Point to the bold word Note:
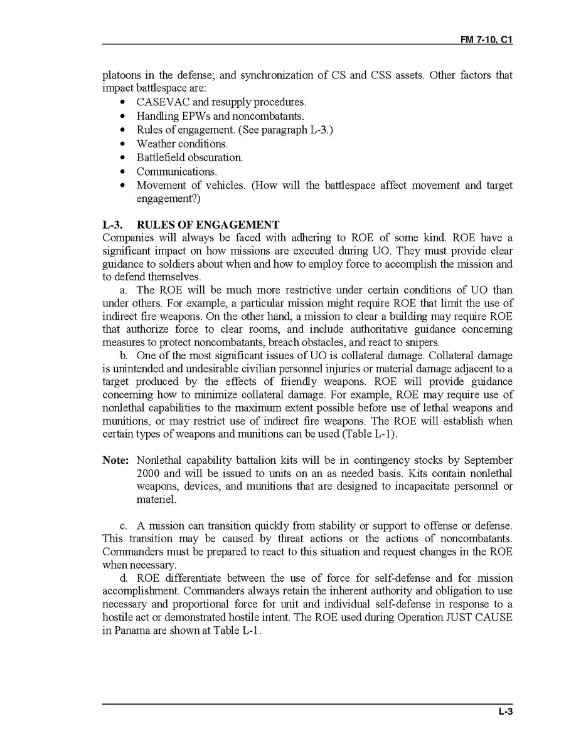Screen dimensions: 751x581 coord(115,460)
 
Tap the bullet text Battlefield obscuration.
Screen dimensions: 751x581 coord(189,157)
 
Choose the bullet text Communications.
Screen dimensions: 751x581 coord(176,171)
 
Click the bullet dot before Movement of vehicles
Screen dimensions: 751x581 coord(122,186)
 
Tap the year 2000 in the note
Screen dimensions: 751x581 coord(147,473)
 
